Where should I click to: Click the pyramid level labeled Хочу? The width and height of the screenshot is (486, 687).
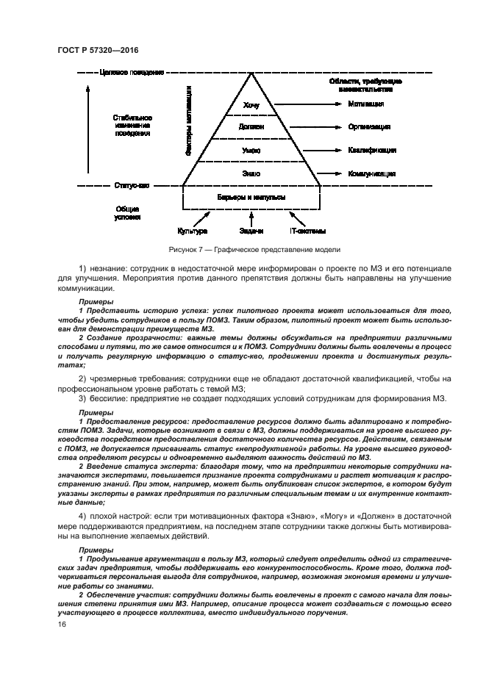point(251,104)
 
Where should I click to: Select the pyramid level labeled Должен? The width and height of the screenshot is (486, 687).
point(251,127)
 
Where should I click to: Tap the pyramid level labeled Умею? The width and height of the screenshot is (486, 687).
point(251,150)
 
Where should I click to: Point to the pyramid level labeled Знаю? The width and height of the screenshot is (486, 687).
point(251,173)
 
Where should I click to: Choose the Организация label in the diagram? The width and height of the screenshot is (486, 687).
point(369,127)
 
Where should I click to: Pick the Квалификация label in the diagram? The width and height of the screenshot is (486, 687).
point(372,150)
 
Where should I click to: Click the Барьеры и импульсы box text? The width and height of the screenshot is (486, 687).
point(251,198)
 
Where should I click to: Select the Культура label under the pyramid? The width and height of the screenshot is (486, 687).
point(193,231)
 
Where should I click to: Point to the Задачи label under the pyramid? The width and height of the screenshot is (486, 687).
point(251,231)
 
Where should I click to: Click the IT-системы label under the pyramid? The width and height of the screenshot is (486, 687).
point(309,231)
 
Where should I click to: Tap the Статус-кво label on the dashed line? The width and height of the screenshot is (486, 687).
point(132,185)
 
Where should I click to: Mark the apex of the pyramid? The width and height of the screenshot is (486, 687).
point(251,73)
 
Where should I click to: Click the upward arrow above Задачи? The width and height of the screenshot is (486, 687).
point(251,219)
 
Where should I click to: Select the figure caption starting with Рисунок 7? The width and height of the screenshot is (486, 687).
point(251,250)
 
